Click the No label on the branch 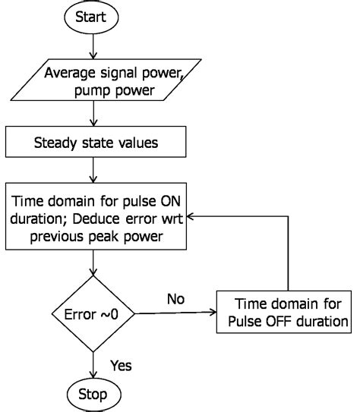pyautogui.click(x=176, y=300)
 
